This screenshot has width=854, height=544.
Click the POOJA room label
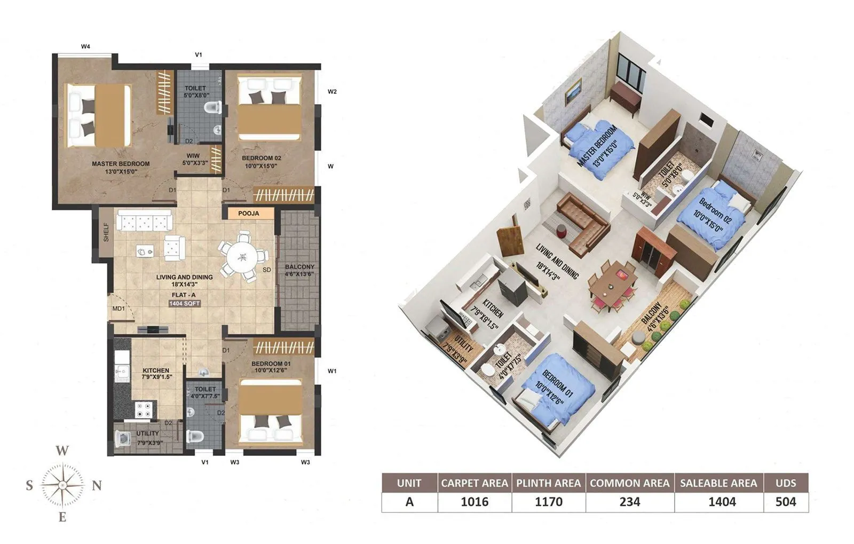[x=248, y=214]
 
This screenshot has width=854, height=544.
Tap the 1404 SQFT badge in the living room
[x=184, y=303]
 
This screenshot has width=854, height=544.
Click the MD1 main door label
[x=118, y=309]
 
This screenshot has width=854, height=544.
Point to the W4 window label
[x=85, y=47]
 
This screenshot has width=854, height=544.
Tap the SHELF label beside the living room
[x=106, y=232]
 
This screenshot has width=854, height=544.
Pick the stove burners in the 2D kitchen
[x=143, y=409]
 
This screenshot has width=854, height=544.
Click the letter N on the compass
[x=97, y=486]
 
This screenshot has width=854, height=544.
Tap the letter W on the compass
[x=62, y=451]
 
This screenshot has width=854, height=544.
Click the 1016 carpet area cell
[x=474, y=502]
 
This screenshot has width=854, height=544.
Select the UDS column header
[x=786, y=483]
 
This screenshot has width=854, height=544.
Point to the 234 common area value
[x=629, y=502]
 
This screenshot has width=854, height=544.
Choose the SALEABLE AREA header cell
[x=718, y=483]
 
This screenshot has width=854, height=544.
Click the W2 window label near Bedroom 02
[x=332, y=92]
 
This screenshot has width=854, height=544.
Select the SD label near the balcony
[x=267, y=270]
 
